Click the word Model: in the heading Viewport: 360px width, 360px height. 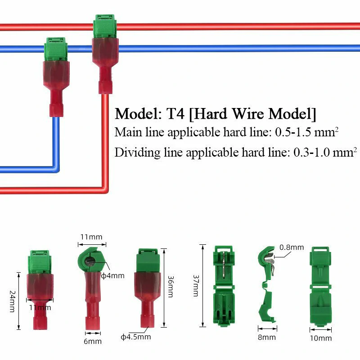pyautogui.click(x=135, y=113)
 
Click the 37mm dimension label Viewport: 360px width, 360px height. pyautogui.click(x=196, y=286)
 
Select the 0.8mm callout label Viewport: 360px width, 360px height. pyautogui.click(x=292, y=247)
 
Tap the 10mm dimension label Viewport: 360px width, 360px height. pyautogui.click(x=321, y=338)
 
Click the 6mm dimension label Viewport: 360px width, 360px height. pyautogui.click(x=93, y=341)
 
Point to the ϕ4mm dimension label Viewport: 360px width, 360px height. pyautogui.click(x=112, y=275)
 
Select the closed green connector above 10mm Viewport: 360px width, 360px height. pyautogui.click(x=321, y=286)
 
